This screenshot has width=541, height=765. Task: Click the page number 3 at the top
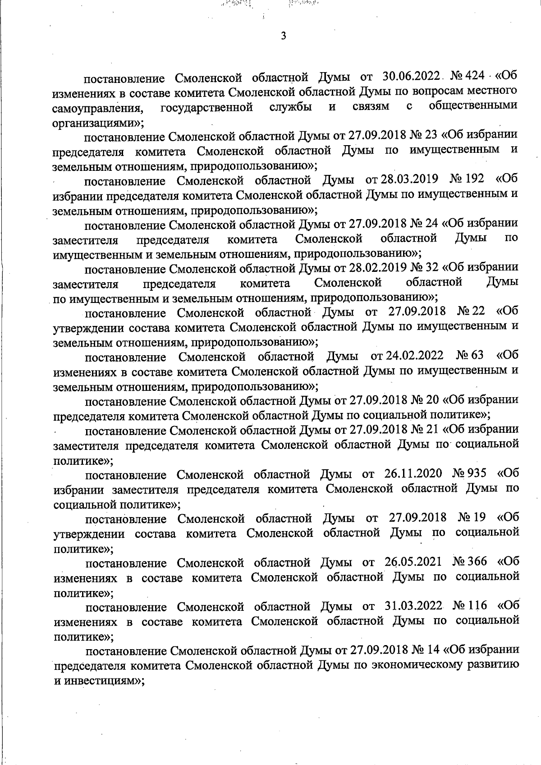tap(283, 37)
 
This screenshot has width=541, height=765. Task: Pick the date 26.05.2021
tap(415, 562)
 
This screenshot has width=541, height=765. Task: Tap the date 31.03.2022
tap(415, 606)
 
